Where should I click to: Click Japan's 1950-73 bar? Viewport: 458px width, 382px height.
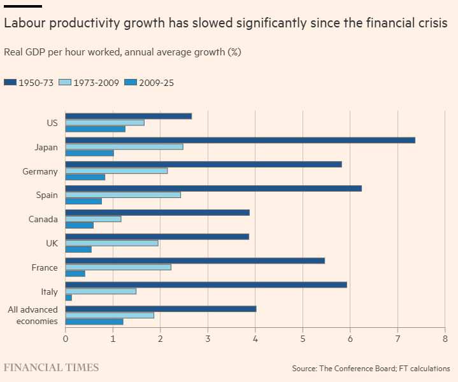pyautogui.click(x=240, y=140)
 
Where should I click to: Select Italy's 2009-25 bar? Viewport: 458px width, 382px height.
pyautogui.click(x=69, y=297)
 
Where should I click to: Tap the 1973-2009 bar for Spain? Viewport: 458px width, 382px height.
pyautogui.click(x=123, y=195)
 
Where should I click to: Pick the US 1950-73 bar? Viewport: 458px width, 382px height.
pyautogui.click(x=129, y=116)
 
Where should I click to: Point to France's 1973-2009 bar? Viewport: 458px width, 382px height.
pyautogui.click(x=118, y=267)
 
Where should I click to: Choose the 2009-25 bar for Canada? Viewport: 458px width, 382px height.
pyautogui.click(x=80, y=225)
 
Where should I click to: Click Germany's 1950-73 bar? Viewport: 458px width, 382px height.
pyautogui.click(x=203, y=164)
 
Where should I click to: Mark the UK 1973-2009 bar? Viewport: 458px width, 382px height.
pyautogui.click(x=111, y=243)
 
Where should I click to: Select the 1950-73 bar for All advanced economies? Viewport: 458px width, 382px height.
pyautogui.click(x=161, y=309)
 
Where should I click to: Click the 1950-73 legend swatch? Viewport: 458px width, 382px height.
pyautogui.click(x=10, y=83)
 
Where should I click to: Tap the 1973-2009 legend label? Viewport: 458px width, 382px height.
pyautogui.click(x=96, y=83)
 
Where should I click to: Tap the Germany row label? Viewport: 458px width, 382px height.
pyautogui.click(x=40, y=171)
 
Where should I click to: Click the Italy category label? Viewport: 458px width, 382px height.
pyautogui.click(x=49, y=292)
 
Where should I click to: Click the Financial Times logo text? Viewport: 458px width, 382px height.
pyautogui.click(x=52, y=367)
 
